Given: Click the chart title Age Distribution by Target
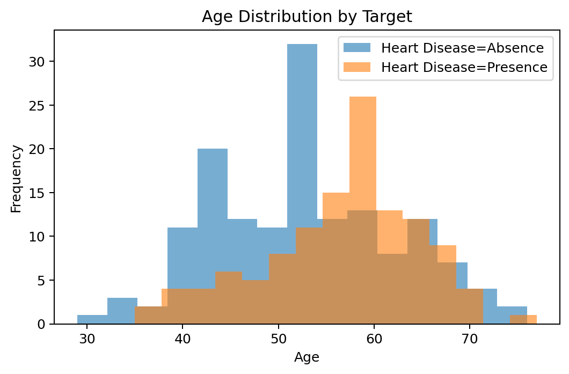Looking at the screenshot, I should point(307,17).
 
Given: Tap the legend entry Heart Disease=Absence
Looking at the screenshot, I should point(462,48).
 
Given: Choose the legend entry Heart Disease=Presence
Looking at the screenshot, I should point(464,67).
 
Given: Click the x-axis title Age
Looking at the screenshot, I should point(307,357).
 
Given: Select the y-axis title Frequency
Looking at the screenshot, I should point(17,178).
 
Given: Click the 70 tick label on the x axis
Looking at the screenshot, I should point(470,340).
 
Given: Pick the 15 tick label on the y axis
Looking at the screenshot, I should point(41,193).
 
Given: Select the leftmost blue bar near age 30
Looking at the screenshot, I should point(92,319).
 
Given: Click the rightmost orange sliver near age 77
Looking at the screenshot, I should point(531,319).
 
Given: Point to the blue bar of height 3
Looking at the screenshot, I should point(122,311).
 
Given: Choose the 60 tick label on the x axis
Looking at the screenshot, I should point(374,340).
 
